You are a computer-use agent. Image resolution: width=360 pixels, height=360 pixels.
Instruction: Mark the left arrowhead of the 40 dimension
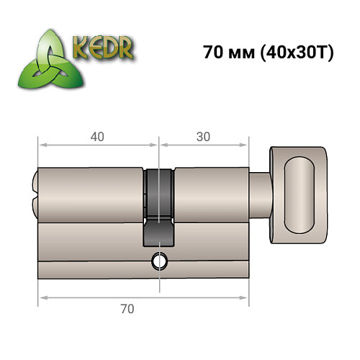tap(42, 145)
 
